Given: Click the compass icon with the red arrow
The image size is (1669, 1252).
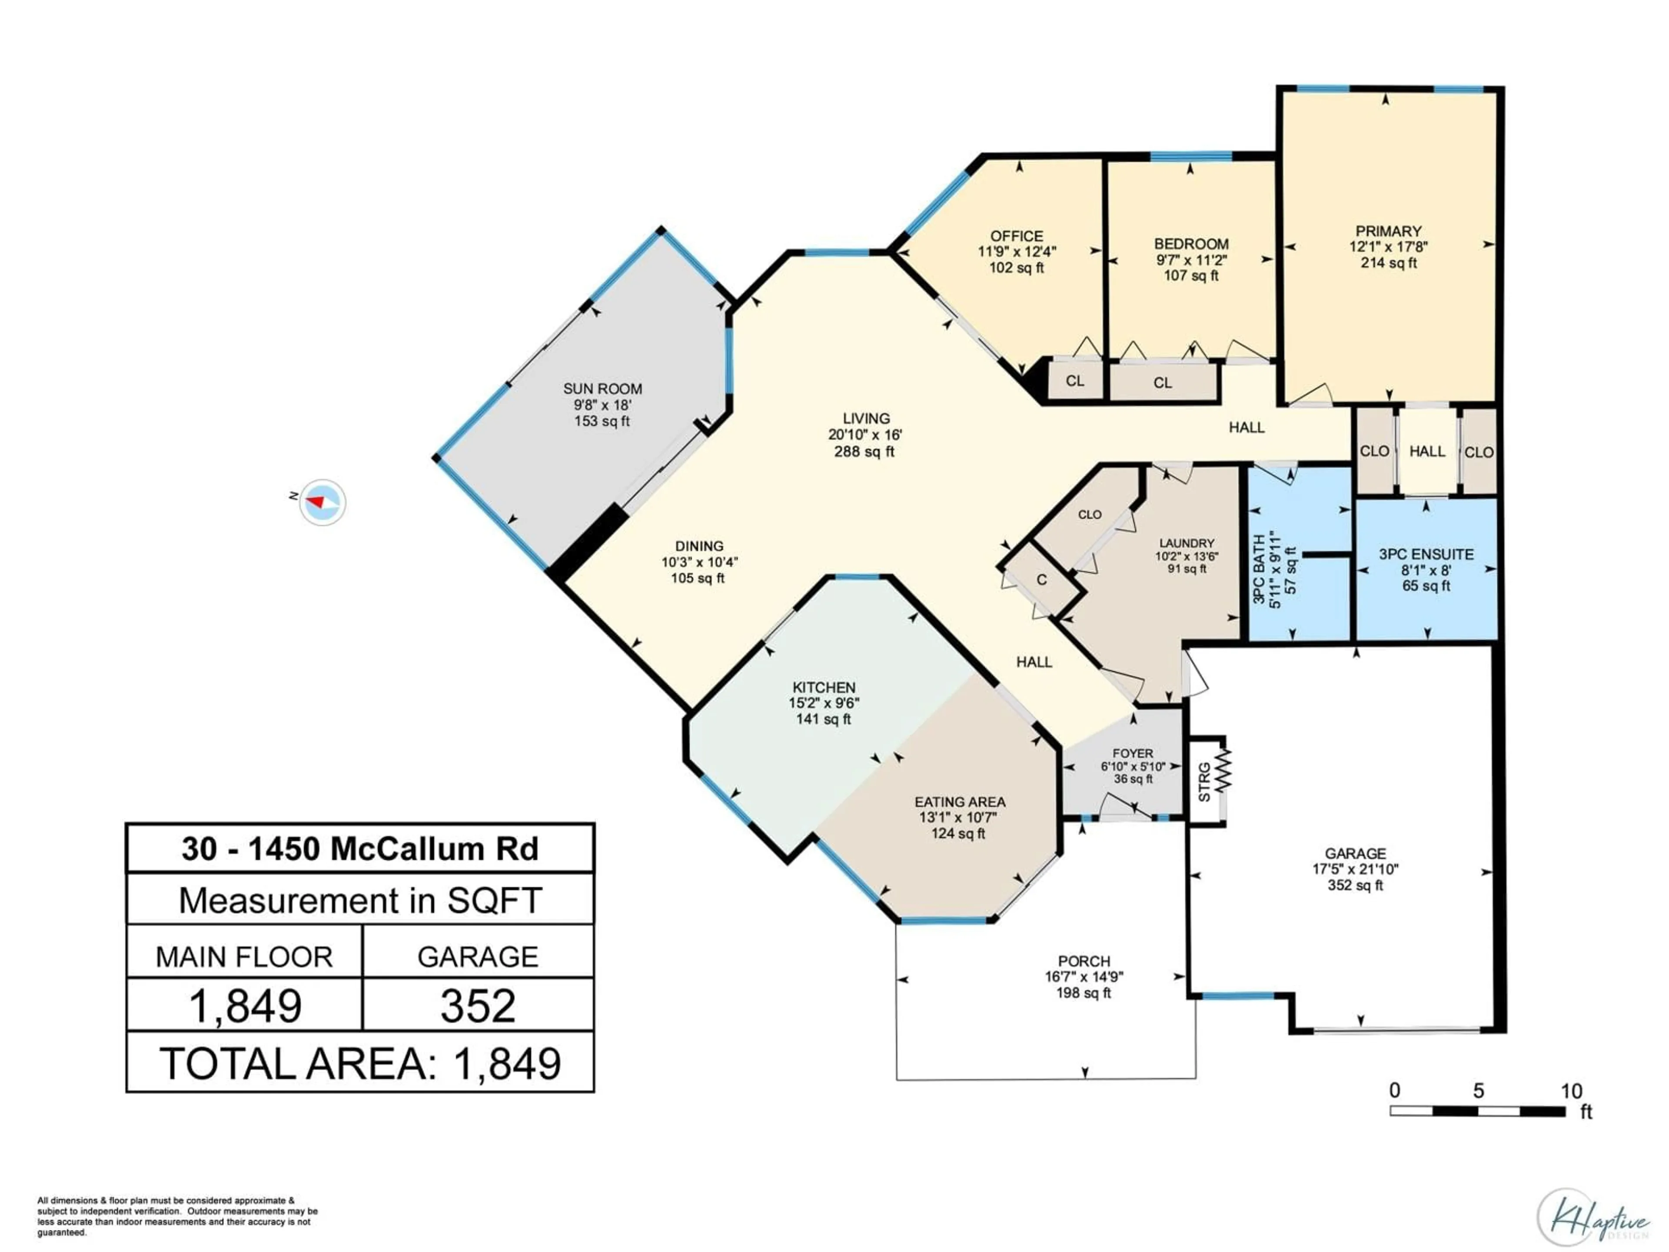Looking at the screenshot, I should (x=322, y=502).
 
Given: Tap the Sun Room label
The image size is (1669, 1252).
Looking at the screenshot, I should (x=602, y=389).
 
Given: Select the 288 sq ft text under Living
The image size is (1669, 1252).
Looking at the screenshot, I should (x=864, y=452).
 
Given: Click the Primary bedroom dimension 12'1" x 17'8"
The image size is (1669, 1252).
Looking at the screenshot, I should (x=1388, y=247).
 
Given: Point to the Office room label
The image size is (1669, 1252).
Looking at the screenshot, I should (x=1016, y=236).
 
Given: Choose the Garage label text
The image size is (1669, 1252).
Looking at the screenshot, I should (x=1355, y=853).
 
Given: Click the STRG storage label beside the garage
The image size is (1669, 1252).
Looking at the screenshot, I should (x=1204, y=782).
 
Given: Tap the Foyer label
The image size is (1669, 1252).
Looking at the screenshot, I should (x=1133, y=753).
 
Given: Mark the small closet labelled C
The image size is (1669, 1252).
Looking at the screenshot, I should (x=1042, y=579).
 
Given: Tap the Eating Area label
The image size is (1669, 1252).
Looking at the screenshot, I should (x=960, y=802).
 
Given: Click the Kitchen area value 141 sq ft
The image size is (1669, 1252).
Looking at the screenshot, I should (x=823, y=719).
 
